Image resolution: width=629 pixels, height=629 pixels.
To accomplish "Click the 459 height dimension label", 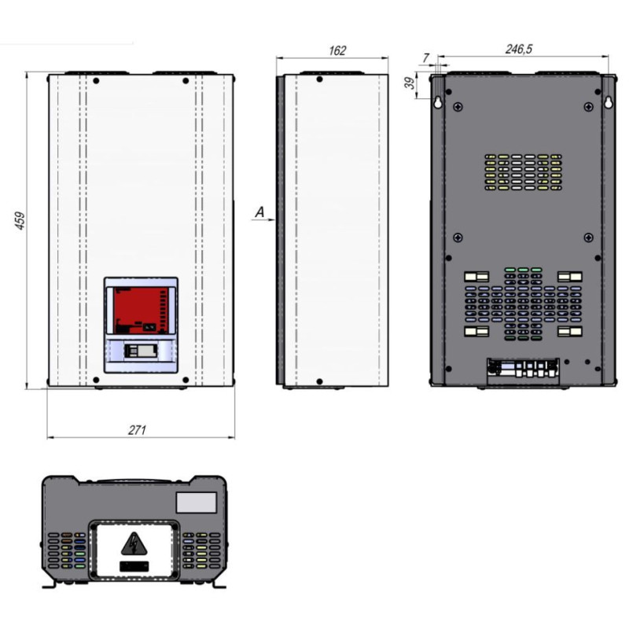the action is click(20, 220).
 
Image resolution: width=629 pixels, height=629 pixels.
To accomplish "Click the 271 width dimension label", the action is click(137, 430).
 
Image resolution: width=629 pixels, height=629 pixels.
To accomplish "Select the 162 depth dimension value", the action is click(337, 50).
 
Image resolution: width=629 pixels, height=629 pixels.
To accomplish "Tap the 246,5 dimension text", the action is click(519, 49).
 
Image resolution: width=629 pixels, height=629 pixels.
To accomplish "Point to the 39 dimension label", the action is click(410, 83).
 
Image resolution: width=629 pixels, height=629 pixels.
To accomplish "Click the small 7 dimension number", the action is click(425, 58).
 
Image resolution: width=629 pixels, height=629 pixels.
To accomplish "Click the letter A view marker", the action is click(260, 212).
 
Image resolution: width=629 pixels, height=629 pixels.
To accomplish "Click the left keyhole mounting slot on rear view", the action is click(438, 103).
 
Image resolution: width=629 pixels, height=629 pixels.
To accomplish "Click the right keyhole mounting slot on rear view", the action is click(609, 103).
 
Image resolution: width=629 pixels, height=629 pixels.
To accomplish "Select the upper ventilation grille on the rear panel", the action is click(523, 172).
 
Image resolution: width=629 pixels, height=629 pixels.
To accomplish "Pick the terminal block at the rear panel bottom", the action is click(523, 369).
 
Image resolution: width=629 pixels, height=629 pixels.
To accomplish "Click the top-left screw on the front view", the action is click(96, 81).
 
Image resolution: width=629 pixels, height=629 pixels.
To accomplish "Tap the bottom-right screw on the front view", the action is click(186, 380).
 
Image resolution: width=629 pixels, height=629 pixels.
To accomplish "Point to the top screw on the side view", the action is click(319, 79).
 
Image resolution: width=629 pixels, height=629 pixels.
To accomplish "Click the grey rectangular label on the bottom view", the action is click(196, 502).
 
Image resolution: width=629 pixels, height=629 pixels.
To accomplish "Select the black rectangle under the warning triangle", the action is click(134, 566).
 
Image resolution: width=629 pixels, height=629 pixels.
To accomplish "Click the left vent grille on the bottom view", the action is click(67, 550).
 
